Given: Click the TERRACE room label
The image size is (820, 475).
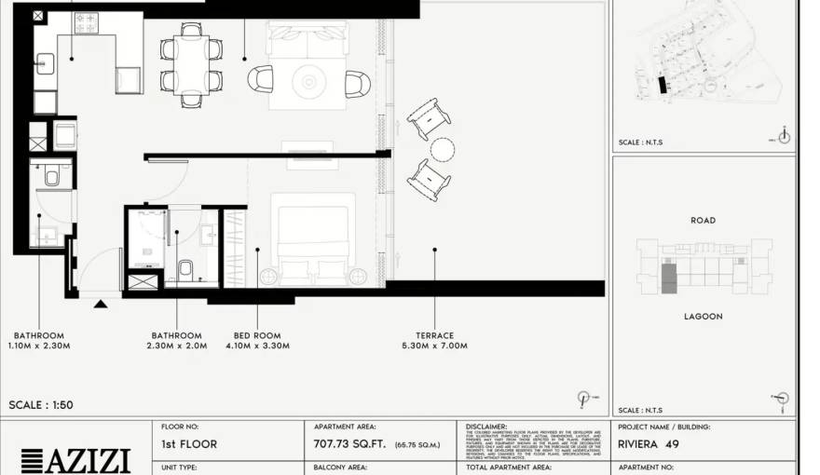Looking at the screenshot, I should [434, 335].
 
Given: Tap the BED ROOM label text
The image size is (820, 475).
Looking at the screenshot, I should [256, 335].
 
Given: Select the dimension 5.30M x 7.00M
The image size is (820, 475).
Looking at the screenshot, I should [434, 346].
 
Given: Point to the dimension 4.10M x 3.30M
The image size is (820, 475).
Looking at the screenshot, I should [257, 346].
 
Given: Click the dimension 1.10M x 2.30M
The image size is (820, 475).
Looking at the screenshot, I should [39, 346].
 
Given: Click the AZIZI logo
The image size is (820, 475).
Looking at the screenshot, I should [75, 459].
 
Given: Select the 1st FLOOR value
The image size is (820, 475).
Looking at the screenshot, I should [189, 444].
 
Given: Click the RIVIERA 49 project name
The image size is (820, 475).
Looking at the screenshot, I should [648, 444].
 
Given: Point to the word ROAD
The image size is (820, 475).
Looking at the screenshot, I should [703, 221].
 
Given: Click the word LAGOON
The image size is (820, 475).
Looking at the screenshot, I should [703, 317].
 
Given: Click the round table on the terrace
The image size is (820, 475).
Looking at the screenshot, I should [443, 149].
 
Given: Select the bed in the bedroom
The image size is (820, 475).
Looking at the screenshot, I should [313, 237].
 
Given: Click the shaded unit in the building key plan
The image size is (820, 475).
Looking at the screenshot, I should [668, 278].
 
